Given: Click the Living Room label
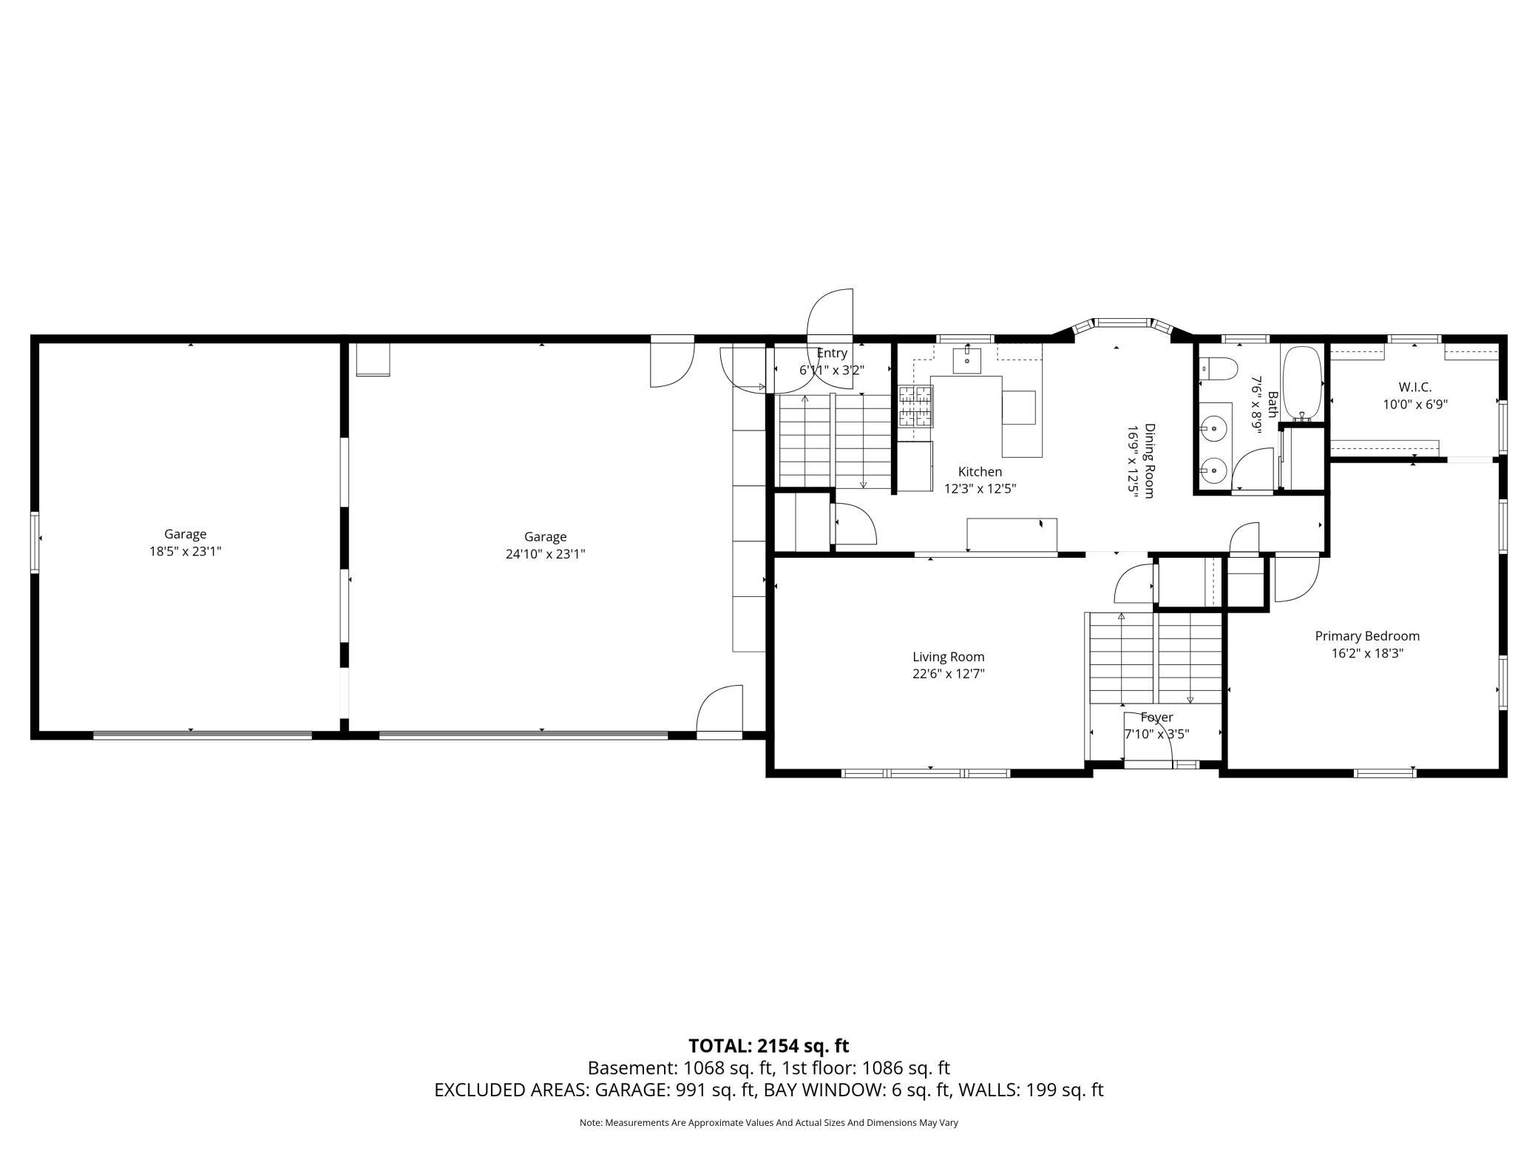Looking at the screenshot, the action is click(x=948, y=657).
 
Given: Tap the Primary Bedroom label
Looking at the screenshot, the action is click(x=1367, y=636).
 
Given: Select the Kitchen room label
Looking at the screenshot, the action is click(x=980, y=472).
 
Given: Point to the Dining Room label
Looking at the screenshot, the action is click(x=1149, y=461).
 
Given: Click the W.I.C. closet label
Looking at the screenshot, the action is click(x=1415, y=387).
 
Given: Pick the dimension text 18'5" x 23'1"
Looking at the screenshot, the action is click(x=185, y=551).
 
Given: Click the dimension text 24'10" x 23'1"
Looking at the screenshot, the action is click(x=545, y=554).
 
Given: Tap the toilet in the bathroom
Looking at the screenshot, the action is click(x=1218, y=368).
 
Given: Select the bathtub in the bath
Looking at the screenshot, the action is click(x=1302, y=382).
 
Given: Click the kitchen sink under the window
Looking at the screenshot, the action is click(x=966, y=360).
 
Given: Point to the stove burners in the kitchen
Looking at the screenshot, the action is click(x=915, y=406).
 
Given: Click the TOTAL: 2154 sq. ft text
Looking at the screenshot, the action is click(x=768, y=1046).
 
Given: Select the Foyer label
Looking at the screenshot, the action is click(x=1156, y=717).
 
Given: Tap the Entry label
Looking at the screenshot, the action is click(x=832, y=354).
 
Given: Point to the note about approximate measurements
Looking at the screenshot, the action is click(x=768, y=1123).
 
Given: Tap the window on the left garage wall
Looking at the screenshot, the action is click(x=34, y=542).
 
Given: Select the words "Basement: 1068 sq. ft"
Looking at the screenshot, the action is click(x=681, y=1068).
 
